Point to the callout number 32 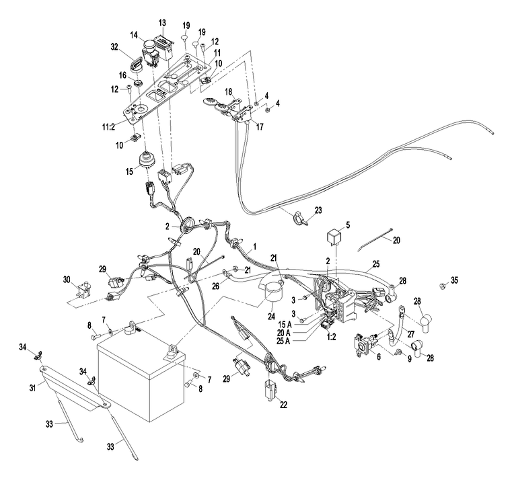pos(114,47)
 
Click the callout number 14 pos(134,35)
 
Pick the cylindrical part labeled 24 pos(273,294)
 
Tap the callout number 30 pos(67,280)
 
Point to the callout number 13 pos(162,23)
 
